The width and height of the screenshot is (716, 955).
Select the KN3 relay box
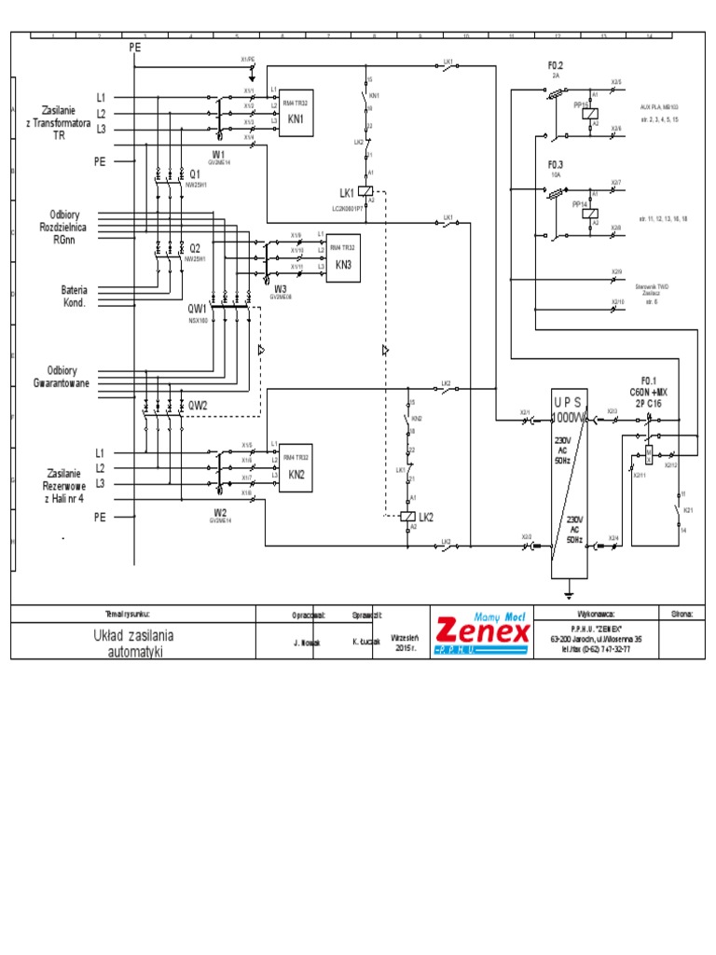[x=342, y=257]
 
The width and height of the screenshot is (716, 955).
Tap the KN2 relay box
[x=296, y=466]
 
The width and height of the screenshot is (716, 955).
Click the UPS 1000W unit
[x=569, y=486]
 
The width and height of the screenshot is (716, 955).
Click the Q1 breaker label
[x=195, y=174]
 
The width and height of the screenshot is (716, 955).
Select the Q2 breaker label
[x=195, y=249]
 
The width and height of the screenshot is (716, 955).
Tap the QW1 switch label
[x=198, y=308]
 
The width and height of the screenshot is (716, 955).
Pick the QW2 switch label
[x=198, y=405]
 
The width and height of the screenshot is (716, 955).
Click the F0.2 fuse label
[x=556, y=65]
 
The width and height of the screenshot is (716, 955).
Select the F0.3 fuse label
[x=556, y=164]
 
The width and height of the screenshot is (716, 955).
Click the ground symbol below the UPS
[x=569, y=590]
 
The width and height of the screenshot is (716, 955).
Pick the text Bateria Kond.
[x=75, y=297]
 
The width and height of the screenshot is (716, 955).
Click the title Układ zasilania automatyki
[x=133, y=643]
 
